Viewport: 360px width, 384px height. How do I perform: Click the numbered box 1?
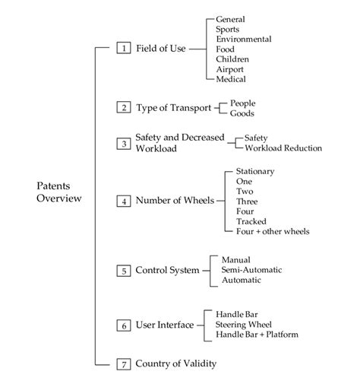pos(122,48)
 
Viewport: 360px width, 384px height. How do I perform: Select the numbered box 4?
pos(122,201)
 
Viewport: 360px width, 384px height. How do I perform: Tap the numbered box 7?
pos(122,363)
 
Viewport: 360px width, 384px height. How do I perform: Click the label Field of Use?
pos(161,48)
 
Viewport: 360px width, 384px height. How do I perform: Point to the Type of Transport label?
pos(174,107)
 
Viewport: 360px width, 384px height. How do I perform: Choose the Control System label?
pos(167,270)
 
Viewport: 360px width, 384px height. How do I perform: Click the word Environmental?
pos(244,38)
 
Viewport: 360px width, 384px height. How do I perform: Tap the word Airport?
pos(231,68)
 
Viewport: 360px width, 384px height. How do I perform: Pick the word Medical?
pos(231,78)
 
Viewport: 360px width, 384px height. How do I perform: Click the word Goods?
pos(243,113)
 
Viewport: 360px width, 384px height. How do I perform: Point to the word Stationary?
pos(255,171)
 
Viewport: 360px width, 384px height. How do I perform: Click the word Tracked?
pos(250,221)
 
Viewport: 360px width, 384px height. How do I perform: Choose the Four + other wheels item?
pos(273,231)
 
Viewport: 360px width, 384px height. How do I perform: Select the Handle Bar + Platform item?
pos(257,334)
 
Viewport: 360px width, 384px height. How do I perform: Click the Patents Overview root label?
pos(58,192)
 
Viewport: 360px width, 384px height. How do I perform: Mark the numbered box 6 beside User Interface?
pos(122,325)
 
